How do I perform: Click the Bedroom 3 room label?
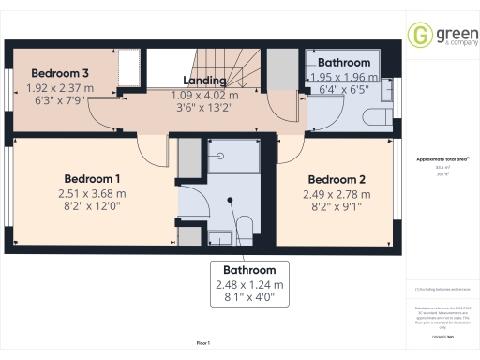pyautogui.click(x=60, y=73)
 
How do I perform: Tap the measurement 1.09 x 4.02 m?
pyautogui.click(x=204, y=95)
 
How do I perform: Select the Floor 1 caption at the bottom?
pyautogui.click(x=203, y=344)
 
